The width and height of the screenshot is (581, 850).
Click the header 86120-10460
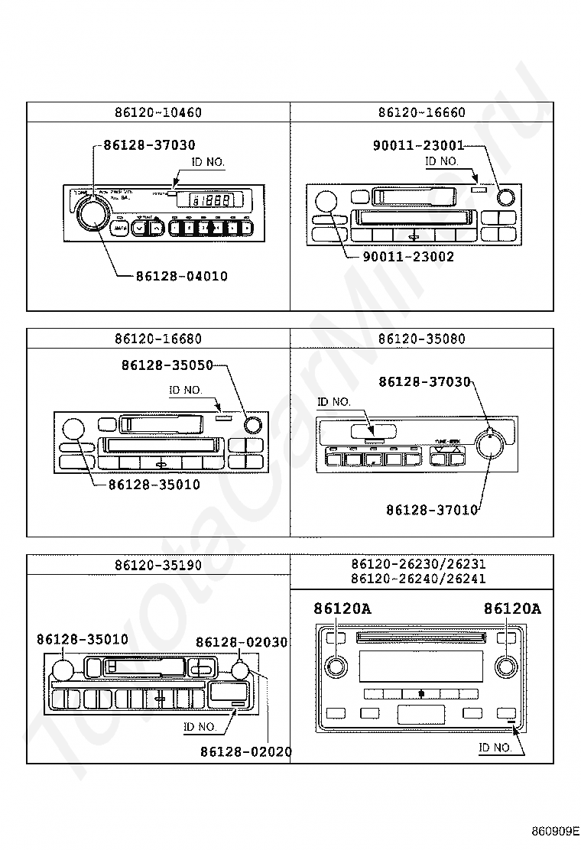coord(158,112)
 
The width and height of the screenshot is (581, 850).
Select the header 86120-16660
coord(421,112)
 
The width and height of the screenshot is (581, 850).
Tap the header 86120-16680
coord(158,339)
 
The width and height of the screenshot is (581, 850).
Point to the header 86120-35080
coord(421,339)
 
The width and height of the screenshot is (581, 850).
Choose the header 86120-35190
coord(158,566)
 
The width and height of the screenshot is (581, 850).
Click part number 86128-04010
coord(182,276)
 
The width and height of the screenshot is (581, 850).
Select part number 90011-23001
coord(418,144)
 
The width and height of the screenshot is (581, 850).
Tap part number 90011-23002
coord(408,257)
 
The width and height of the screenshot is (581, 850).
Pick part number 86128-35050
coord(167,365)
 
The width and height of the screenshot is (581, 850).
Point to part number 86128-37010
coord(432,509)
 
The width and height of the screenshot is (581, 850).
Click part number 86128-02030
coord(242,642)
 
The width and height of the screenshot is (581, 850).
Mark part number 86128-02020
coord(246,752)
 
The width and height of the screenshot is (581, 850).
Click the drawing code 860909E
coord(556,830)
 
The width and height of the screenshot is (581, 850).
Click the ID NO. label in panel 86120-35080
coord(334,401)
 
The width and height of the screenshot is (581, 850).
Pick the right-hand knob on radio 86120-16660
coord(505,197)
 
